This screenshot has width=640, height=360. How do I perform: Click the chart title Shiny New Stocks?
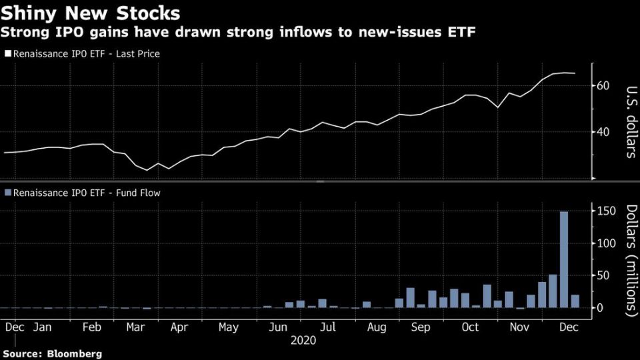[90, 13]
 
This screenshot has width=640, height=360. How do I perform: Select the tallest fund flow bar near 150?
[563, 259]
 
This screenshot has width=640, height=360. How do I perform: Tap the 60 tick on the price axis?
[604, 85]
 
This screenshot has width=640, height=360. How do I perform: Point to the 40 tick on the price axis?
[604, 131]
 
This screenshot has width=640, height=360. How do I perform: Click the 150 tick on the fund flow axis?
[604, 211]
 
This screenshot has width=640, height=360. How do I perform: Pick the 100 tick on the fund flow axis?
[604, 243]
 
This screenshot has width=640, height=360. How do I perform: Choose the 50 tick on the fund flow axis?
[604, 275]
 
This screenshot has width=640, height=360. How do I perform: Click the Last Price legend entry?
[82, 53]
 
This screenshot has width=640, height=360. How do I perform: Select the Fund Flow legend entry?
[83, 193]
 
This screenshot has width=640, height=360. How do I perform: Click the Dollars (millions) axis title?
[631, 261]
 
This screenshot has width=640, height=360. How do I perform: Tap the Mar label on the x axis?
[136, 327]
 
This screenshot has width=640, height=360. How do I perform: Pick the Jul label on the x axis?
[327, 327]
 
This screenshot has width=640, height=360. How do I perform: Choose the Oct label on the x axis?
[471, 327]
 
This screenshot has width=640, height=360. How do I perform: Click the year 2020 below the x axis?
[304, 340]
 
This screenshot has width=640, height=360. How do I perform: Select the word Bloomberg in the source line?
[75, 353]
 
